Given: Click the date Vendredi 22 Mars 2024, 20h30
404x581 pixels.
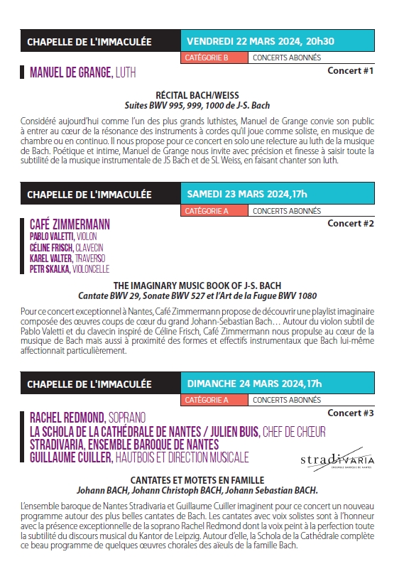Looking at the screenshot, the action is pyautogui.click(x=261, y=42).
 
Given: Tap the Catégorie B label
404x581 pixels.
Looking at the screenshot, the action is pyautogui.click(x=206, y=58).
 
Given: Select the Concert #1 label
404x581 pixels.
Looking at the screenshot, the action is pyautogui.click(x=350, y=71).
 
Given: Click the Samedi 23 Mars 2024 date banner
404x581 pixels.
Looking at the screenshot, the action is pyautogui.click(x=247, y=194).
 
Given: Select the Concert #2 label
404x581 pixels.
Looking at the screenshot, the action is pyautogui.click(x=350, y=223).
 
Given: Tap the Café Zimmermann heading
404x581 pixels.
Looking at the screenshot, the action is pyautogui.click(x=70, y=224).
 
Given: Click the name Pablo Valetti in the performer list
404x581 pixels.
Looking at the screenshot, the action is pyautogui.click(x=52, y=237).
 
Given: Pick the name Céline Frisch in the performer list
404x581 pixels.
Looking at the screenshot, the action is pyautogui.click(x=51, y=247).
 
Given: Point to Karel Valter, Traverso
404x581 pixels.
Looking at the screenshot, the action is pyautogui.click(x=67, y=258).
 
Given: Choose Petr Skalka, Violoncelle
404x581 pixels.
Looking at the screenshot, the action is pyautogui.click(x=70, y=269).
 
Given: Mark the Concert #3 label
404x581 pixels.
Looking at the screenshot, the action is pyautogui.click(x=350, y=413).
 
